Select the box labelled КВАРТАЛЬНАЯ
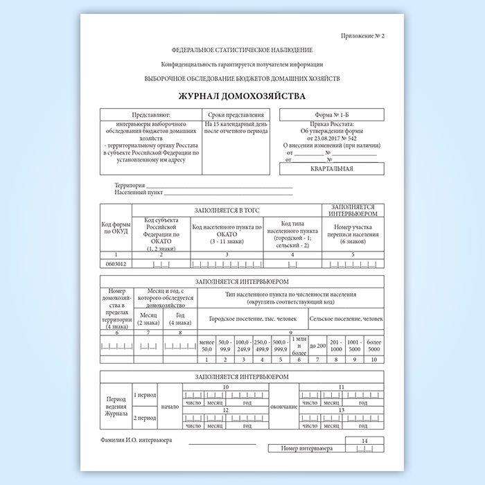(x=332, y=168)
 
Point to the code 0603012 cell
(x=116, y=264)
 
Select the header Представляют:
(x=150, y=114)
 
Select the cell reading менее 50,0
(x=206, y=346)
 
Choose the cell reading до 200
(x=317, y=346)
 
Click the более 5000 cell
(x=374, y=346)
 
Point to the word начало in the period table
(x=169, y=407)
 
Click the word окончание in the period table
(x=283, y=407)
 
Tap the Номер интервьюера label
(x=307, y=449)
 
